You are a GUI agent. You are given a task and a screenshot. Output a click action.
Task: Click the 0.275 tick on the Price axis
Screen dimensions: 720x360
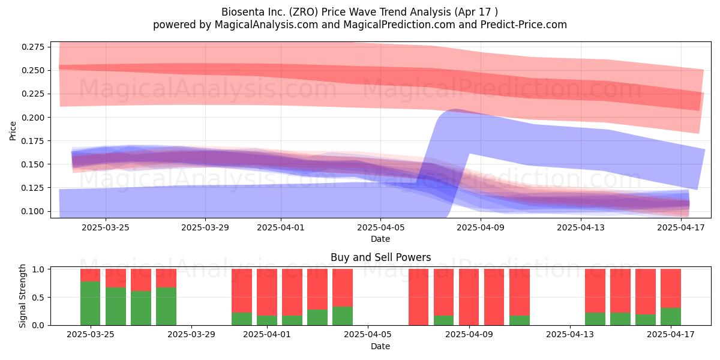[x=33, y=47]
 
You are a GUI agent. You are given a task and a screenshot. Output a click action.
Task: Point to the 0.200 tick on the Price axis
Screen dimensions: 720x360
[x=33, y=118]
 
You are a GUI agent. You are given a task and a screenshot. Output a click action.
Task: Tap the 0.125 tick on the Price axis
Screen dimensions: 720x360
[x=33, y=188]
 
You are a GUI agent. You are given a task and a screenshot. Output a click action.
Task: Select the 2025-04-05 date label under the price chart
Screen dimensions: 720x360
[x=381, y=227]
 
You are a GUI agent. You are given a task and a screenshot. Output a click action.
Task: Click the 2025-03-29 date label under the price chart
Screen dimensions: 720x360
[x=205, y=227]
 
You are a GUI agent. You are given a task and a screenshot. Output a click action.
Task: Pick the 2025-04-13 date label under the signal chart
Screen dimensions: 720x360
[x=570, y=334]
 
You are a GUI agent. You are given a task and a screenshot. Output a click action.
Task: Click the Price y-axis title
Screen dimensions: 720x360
[x=13, y=131]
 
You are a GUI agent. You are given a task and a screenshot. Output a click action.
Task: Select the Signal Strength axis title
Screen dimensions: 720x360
[x=22, y=296]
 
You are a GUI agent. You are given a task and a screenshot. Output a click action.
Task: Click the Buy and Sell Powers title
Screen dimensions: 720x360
[x=380, y=257]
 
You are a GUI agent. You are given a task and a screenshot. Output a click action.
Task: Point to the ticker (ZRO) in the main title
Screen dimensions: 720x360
[x=304, y=12]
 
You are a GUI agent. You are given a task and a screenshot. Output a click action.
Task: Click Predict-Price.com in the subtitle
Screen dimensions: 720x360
[x=524, y=25]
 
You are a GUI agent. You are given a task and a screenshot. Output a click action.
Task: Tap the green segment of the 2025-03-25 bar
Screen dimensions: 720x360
[x=91, y=304]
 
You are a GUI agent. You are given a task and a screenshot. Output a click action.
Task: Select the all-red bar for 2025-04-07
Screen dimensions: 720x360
[x=419, y=297]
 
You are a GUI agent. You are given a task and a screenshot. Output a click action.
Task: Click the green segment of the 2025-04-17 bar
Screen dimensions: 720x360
[x=671, y=317]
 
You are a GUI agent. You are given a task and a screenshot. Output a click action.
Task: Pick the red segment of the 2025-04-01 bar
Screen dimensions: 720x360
[x=267, y=292]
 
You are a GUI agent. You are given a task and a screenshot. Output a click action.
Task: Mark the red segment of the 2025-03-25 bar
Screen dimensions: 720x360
[x=91, y=275]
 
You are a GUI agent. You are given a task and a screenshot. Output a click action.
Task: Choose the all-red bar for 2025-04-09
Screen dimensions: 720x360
[x=469, y=297]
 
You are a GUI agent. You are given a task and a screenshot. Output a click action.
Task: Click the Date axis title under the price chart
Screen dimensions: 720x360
[x=380, y=239]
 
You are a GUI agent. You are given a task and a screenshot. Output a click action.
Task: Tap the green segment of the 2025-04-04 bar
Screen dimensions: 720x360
[x=343, y=316]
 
